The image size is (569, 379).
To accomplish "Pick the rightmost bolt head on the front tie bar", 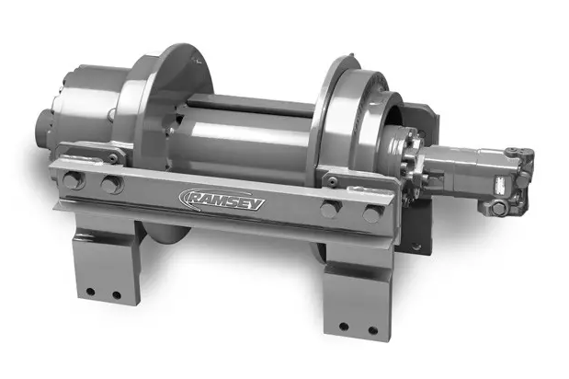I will point(371,214).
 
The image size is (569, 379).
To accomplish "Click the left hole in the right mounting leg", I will point(344,327).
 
